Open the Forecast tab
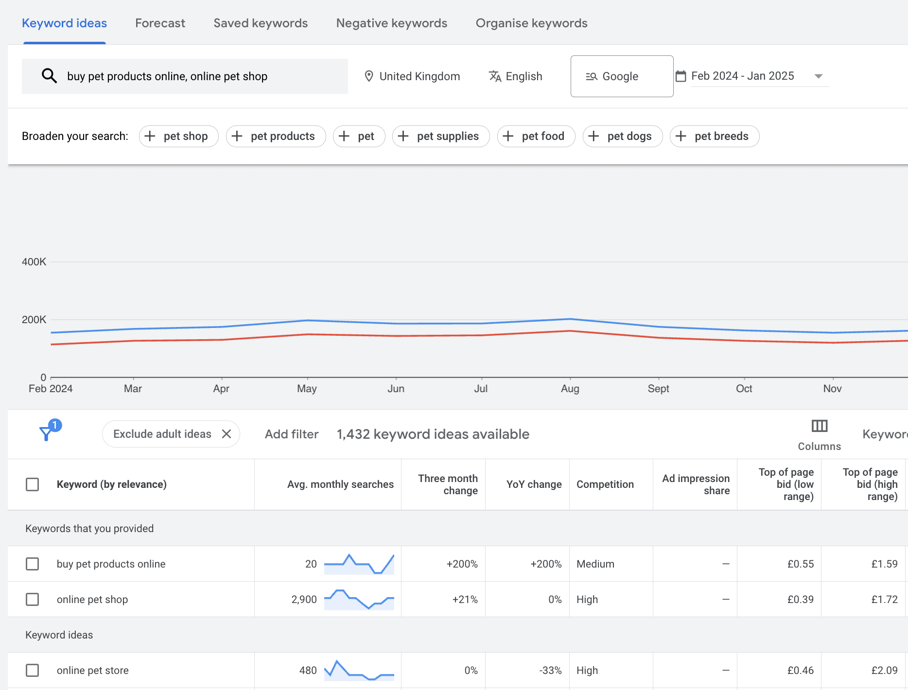[x=160, y=23]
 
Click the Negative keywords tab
[x=391, y=23]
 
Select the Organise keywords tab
[x=531, y=23]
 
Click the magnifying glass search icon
[x=49, y=76]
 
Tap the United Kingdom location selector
[x=412, y=76]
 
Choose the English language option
[x=516, y=76]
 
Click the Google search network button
[x=622, y=76]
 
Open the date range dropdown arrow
[x=819, y=76]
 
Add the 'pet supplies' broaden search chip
[x=441, y=136]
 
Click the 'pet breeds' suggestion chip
[x=714, y=136]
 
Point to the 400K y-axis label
[x=34, y=262]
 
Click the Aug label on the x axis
[x=570, y=389]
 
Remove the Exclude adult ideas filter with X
[x=227, y=434]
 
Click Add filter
[x=292, y=434]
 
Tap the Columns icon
[x=820, y=426]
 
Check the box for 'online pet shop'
[x=33, y=599]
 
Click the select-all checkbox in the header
[x=33, y=484]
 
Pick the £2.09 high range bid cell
[x=884, y=671]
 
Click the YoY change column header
[x=534, y=484]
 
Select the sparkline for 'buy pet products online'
[x=359, y=564]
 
